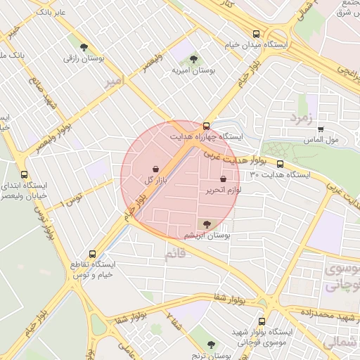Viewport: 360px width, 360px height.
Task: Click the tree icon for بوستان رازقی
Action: click(x=84, y=48)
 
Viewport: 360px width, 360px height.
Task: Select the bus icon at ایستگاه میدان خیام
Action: click(x=256, y=33)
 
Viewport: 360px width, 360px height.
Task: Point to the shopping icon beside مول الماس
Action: click(x=321, y=129)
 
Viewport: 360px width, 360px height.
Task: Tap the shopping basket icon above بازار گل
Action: click(x=155, y=169)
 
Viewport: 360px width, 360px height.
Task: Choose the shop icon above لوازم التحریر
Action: click(x=224, y=179)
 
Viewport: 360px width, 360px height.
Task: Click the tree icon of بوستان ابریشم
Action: click(x=206, y=224)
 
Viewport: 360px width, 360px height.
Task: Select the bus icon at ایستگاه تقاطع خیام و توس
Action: click(x=91, y=254)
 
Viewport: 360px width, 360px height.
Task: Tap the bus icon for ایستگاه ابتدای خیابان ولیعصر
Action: click(x=25, y=174)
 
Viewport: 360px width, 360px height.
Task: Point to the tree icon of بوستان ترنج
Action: click(x=211, y=345)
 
